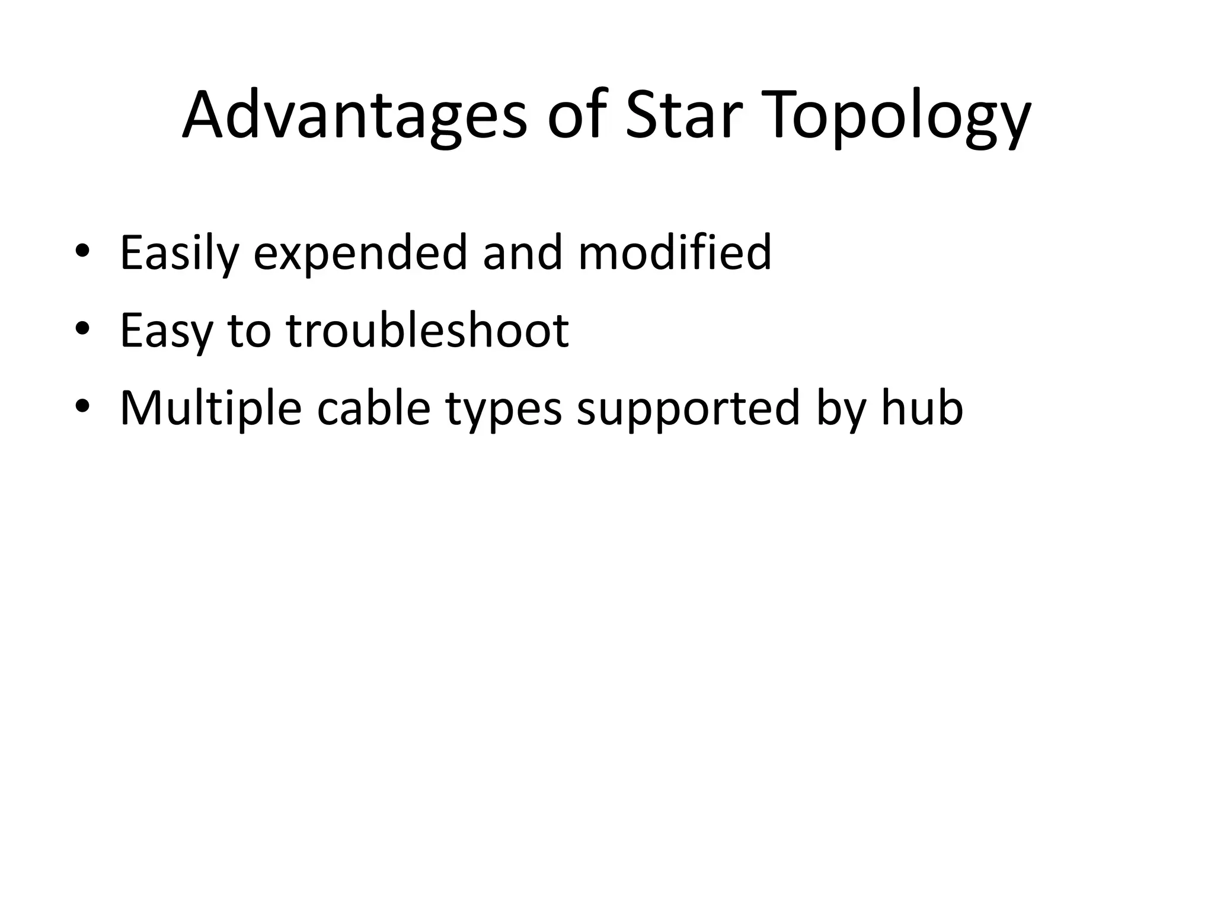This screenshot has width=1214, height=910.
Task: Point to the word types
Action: (x=503, y=410)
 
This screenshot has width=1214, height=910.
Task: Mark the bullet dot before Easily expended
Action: (x=82, y=251)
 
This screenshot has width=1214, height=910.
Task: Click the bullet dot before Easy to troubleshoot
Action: (x=82, y=329)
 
